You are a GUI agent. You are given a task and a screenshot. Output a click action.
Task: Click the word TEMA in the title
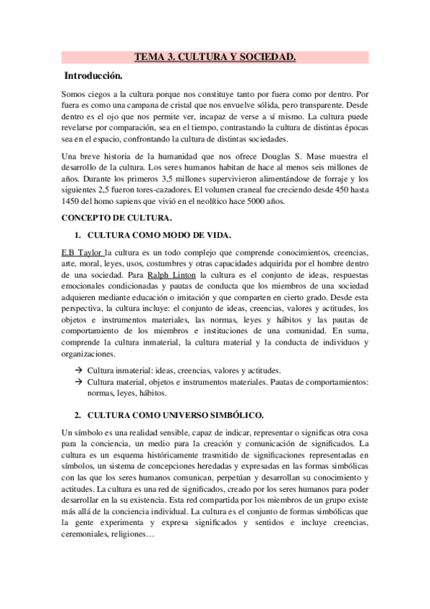coord(150,57)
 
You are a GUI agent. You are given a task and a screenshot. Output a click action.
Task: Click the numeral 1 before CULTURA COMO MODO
coord(78,236)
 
